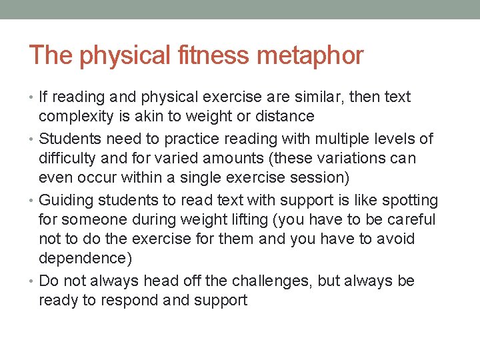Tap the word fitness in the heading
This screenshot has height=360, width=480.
[x=211, y=55]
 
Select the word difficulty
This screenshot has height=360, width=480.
[x=68, y=159]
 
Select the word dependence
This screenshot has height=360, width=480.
[x=82, y=258]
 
